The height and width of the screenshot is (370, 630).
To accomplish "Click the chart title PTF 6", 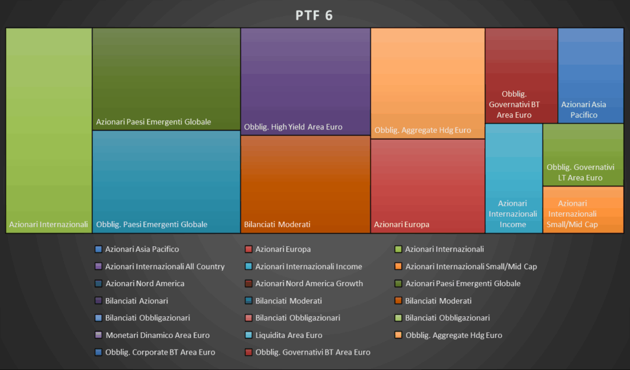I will click(x=314, y=15).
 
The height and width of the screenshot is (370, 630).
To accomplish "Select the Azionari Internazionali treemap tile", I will click(x=49, y=130).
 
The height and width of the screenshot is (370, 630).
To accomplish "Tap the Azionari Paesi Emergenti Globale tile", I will click(x=166, y=78).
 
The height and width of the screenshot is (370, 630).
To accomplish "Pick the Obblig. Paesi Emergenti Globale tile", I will click(x=166, y=182).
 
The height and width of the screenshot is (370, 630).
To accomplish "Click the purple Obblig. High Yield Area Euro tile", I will click(x=305, y=81).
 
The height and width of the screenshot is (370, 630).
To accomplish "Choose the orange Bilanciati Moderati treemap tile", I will click(x=305, y=184).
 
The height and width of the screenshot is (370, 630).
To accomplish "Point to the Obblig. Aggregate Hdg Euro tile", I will click(x=428, y=83).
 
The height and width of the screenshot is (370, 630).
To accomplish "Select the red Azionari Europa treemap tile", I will click(x=428, y=186).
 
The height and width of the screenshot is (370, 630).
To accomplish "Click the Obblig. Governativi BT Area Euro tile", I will click(x=521, y=75).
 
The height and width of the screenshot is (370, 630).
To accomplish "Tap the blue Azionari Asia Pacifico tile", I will click(x=591, y=75).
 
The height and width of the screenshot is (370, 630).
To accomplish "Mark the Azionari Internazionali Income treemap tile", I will click(x=514, y=178).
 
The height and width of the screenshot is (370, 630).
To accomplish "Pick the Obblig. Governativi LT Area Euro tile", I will click(x=583, y=155).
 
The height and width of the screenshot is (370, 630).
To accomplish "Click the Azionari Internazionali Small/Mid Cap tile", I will click(x=583, y=209).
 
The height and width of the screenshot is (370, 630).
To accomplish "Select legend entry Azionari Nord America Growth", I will click(x=309, y=284).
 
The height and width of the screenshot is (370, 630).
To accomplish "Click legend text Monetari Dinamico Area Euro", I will click(x=157, y=336).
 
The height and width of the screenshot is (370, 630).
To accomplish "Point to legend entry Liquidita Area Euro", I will click(x=289, y=336).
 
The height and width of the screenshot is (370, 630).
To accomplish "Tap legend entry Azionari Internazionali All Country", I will click(x=165, y=267).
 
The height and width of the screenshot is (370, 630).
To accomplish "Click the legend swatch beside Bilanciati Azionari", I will click(x=98, y=301).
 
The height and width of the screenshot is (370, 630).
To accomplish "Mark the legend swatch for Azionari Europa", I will click(x=249, y=249).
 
